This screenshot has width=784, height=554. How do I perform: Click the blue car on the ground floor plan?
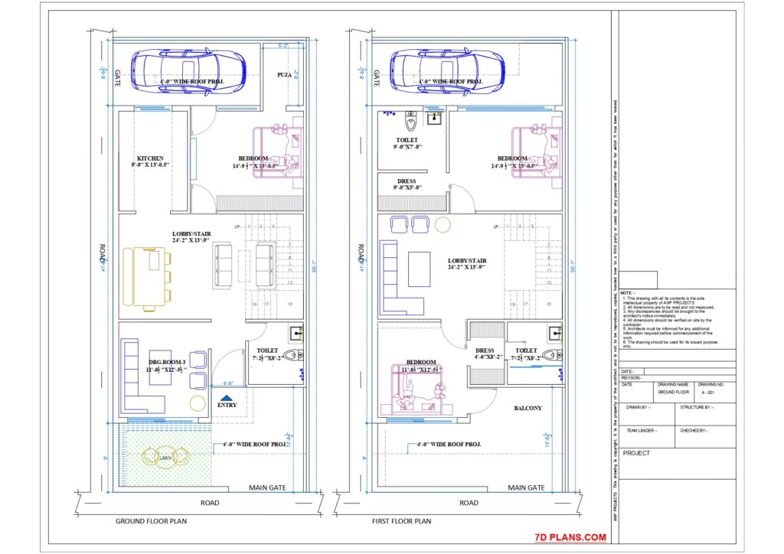(188, 73)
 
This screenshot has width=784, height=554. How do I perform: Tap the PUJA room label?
(286, 75)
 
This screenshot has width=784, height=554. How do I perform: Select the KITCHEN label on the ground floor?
(150, 158)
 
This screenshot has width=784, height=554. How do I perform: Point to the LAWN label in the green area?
(165, 458)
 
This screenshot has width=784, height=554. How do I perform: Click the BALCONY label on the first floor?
(528, 408)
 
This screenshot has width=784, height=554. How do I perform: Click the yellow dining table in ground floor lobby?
(149, 276)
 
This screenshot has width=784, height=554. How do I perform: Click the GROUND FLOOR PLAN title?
(151, 521)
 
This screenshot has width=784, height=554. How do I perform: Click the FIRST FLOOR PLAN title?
(401, 521)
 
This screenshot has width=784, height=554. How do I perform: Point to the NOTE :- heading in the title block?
(627, 293)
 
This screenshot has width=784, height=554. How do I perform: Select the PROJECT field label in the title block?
(637, 453)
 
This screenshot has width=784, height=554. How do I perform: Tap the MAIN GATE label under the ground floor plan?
(267, 487)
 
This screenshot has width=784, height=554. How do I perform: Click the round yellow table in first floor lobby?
(443, 224)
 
